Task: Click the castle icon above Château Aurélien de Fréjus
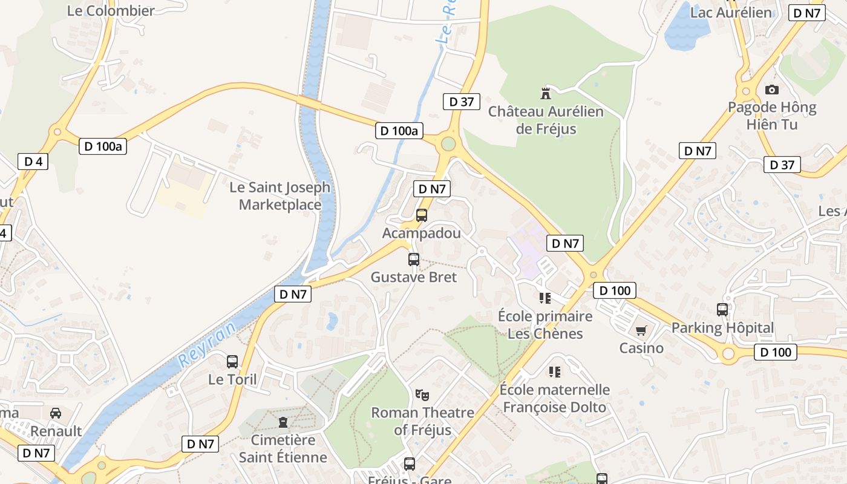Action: pos(546,93)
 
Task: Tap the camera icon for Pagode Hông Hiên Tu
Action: pos(772,90)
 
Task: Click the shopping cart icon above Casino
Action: pos(641,330)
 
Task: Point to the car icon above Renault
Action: pos(56,413)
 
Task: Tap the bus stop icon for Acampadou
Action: pos(422,215)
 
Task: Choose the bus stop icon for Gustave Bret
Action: pos(414,260)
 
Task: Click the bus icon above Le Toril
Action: pos(232,362)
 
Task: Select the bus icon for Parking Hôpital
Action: pos(722,310)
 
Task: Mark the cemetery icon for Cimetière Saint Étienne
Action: pos(283,422)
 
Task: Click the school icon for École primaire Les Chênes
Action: pos(545,298)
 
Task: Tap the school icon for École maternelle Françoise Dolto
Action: pos(555,371)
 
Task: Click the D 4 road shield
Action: pos(33,162)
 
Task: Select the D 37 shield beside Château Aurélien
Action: pos(462,102)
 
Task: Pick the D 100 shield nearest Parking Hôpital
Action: pos(776,352)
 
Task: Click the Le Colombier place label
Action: pos(111,10)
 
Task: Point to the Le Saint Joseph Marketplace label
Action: pos(280,196)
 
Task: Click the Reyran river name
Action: pos(208,345)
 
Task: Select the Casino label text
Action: pos(641,348)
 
